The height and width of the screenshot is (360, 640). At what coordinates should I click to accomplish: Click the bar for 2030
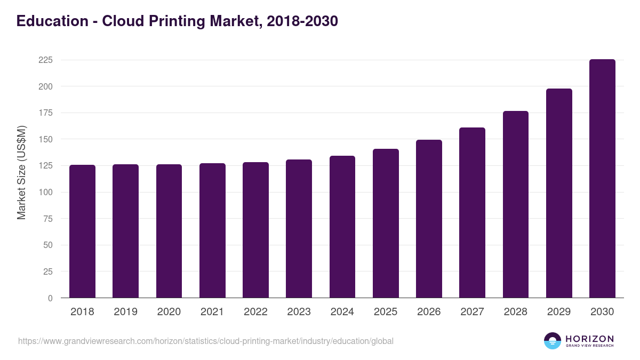(602, 179)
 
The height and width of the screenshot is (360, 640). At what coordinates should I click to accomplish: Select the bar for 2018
(82, 231)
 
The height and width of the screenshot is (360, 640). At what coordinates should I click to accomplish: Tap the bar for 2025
(386, 223)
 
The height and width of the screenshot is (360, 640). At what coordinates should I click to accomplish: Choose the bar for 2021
(212, 230)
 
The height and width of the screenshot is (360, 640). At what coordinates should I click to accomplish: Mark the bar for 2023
(299, 229)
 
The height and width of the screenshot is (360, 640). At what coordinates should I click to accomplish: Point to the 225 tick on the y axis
(45, 60)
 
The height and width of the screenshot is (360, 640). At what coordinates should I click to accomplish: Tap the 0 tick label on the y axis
(50, 298)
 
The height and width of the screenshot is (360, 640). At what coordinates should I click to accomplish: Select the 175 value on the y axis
(45, 113)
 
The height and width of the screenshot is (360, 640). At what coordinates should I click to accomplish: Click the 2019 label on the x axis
(125, 312)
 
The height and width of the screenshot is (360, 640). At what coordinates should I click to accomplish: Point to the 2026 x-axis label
(429, 312)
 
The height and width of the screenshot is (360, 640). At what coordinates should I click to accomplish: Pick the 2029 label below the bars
(559, 312)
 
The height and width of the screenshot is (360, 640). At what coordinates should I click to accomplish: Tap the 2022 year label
(255, 312)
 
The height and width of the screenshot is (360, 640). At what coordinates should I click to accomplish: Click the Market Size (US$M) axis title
(21, 172)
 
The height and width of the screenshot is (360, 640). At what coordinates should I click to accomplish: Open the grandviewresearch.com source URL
(206, 341)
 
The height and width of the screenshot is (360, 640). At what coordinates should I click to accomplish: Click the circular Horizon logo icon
(553, 341)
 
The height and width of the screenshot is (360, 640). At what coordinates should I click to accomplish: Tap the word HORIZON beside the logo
(589, 339)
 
